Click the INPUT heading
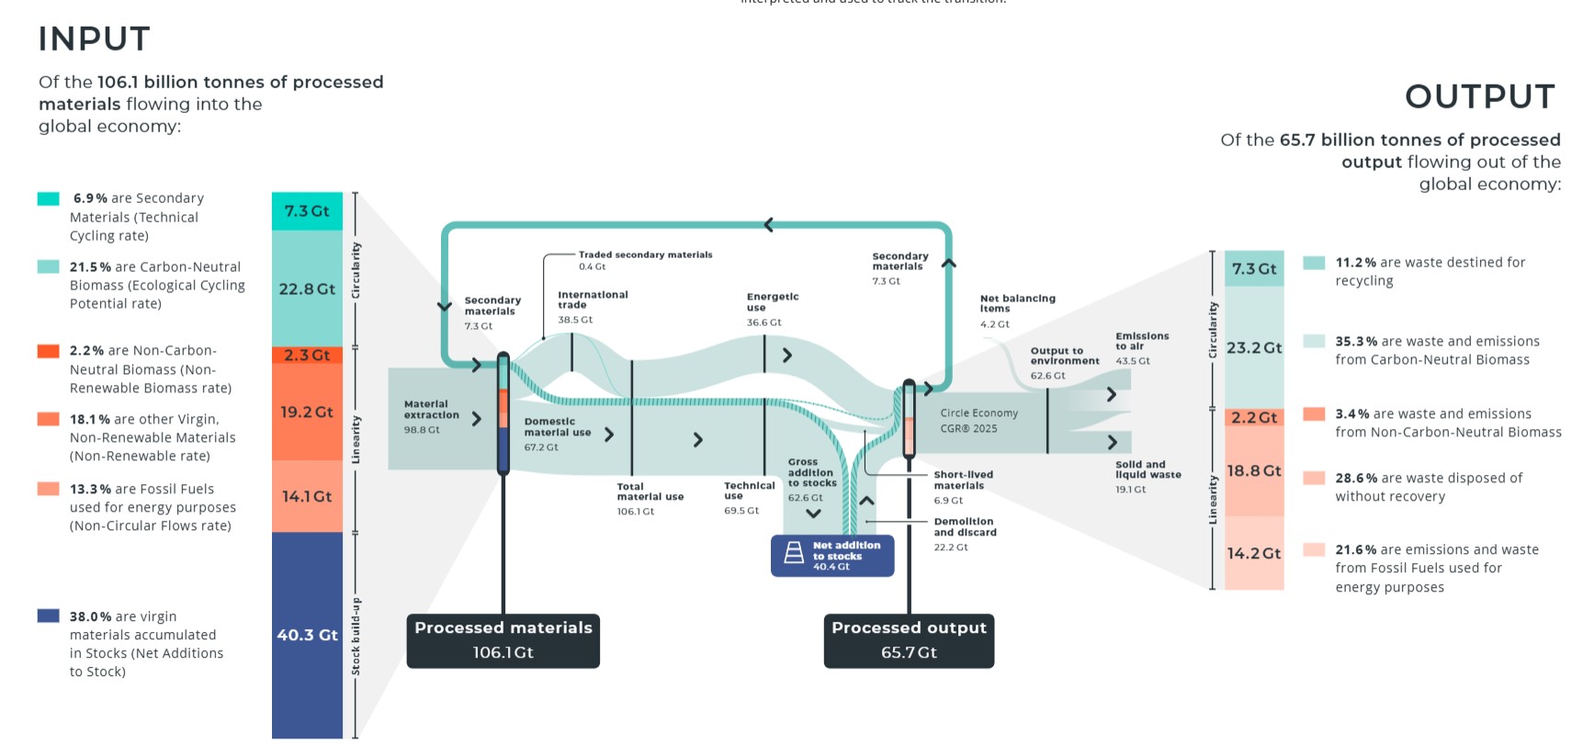[94, 39]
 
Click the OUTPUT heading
[1479, 96]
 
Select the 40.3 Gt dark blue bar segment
[307, 635]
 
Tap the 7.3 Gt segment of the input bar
[307, 210]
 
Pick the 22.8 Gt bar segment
[307, 288]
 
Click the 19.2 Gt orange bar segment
[307, 412]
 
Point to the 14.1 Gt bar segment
[307, 496]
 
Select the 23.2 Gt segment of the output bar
[1254, 347]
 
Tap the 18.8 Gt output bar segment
[1254, 470]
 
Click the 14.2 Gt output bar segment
[1254, 553]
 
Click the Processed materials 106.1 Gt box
[503, 640]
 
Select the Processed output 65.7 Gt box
[909, 640]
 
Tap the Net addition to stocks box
[832, 556]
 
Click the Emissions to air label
[1142, 342]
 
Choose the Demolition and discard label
[965, 527]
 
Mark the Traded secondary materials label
[645, 254]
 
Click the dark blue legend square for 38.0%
[49, 615]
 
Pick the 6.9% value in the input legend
[90, 198]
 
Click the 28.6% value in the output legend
[1355, 479]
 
